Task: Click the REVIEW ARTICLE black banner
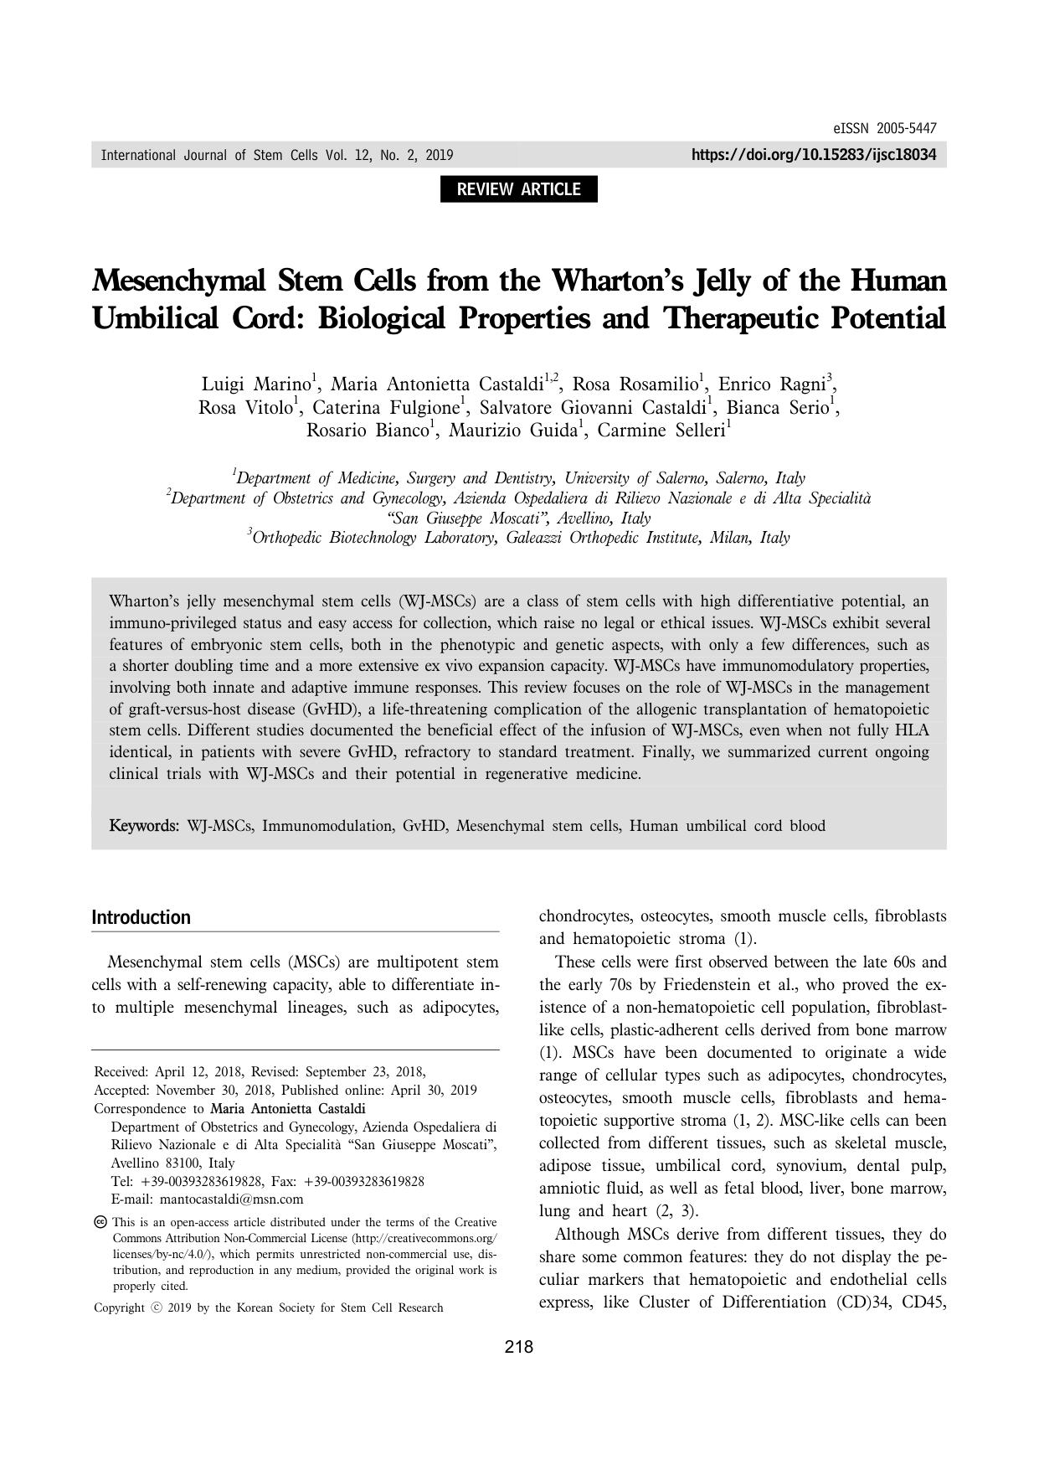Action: [518, 189]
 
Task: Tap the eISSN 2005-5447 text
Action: [885, 129]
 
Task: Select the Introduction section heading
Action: [141, 917]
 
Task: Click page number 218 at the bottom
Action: [519, 1347]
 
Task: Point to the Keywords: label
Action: [144, 826]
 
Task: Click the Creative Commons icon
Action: [100, 1222]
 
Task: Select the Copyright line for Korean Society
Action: [269, 1308]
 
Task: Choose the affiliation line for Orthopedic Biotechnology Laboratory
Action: [519, 537]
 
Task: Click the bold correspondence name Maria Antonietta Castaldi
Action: [281, 1109]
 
